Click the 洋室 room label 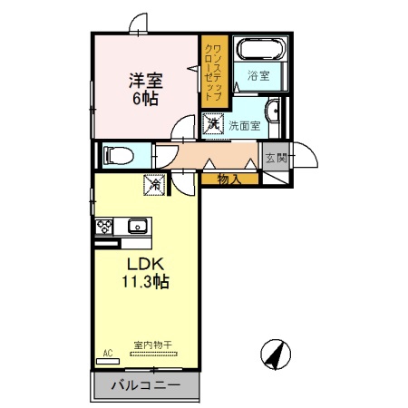(x=146, y=81)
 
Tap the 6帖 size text (x=145, y=98)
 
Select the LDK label (x=145, y=264)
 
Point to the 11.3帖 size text (x=145, y=282)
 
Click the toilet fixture (x=119, y=156)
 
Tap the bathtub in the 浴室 (x=262, y=49)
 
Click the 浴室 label (x=258, y=75)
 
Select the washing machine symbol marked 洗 (x=213, y=123)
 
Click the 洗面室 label (x=244, y=126)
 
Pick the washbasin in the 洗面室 (x=273, y=111)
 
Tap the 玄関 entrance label (x=277, y=158)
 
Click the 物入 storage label (x=229, y=180)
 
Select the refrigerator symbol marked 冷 (x=154, y=185)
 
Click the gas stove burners (x=104, y=227)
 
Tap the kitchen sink (x=138, y=226)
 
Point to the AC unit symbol (x=108, y=361)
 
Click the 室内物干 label (x=153, y=345)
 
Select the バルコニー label (x=146, y=385)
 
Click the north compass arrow (x=276, y=355)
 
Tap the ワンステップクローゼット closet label (x=214, y=73)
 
